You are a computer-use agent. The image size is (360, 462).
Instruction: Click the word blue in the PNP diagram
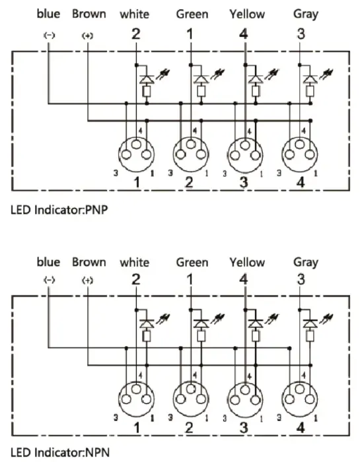[x=48, y=14]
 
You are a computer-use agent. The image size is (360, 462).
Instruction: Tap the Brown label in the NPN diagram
[x=89, y=262]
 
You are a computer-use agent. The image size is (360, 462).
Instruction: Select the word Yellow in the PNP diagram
[x=247, y=14]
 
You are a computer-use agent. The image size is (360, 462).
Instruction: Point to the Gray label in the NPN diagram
[x=306, y=263]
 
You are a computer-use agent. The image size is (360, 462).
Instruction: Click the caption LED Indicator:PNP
[x=59, y=210]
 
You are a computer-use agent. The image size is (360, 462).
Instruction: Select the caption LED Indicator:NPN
[x=60, y=452]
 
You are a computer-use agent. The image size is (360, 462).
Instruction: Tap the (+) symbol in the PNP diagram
[x=87, y=36]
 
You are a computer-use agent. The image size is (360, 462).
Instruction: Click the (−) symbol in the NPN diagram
[x=50, y=280]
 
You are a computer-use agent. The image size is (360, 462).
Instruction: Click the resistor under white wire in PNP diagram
[x=147, y=91]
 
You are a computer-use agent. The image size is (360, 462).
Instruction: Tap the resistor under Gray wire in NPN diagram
[x=310, y=336]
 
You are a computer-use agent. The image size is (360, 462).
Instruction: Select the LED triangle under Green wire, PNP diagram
[x=201, y=79]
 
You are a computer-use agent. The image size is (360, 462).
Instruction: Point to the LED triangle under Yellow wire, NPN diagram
[x=256, y=323]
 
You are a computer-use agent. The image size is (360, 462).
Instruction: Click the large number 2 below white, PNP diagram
[x=135, y=34]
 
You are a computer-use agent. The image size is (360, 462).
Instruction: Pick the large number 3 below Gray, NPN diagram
[x=301, y=279]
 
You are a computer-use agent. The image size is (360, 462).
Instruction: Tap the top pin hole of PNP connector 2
[x=191, y=145]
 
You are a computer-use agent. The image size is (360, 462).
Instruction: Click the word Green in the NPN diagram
[x=192, y=262]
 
